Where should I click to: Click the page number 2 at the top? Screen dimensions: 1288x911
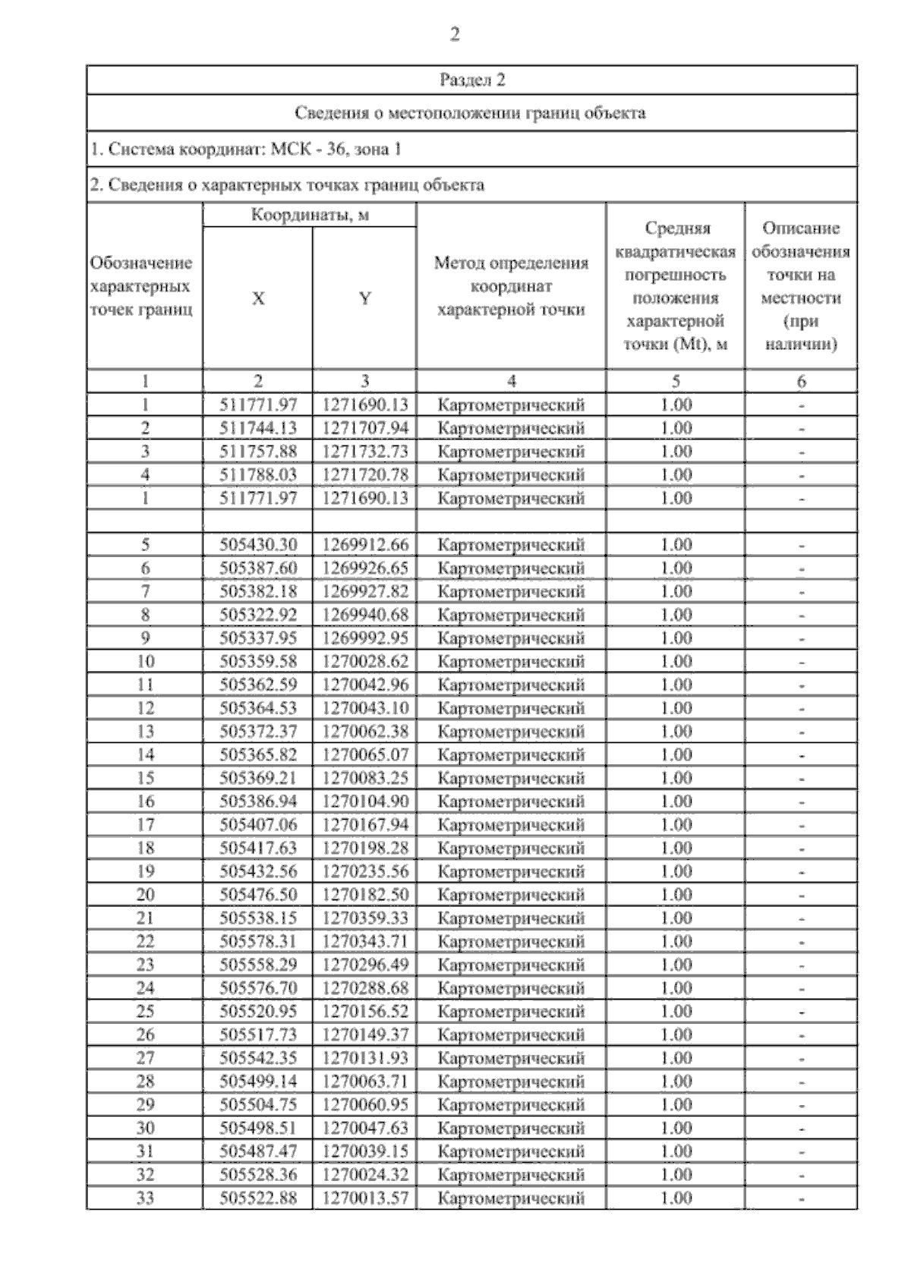[x=454, y=35]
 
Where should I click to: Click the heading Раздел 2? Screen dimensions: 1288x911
[x=471, y=80]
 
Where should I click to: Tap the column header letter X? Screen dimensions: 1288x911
[x=258, y=299]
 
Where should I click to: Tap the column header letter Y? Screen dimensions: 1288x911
[x=365, y=299]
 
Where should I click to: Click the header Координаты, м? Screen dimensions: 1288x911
[x=310, y=216]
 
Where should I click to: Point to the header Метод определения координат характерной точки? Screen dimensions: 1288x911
[x=511, y=287]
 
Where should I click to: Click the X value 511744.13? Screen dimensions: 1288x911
[x=258, y=428]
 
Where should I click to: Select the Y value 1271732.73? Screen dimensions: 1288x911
[x=365, y=452]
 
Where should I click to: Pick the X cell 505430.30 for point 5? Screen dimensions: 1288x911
[x=258, y=545]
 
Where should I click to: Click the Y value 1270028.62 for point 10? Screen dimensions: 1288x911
[x=365, y=662]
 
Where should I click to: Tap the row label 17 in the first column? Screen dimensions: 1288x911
[x=145, y=825]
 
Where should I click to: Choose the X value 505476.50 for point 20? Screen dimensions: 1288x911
[x=258, y=895]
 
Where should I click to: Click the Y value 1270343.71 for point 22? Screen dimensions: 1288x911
[x=365, y=942]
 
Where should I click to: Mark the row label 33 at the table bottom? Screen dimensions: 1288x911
[x=145, y=1198]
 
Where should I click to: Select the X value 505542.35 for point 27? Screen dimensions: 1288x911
[x=258, y=1058]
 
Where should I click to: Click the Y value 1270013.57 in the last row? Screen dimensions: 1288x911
[x=365, y=1198]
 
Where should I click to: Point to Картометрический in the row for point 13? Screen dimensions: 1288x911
[x=511, y=732]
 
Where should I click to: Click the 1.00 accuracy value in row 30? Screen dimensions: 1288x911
[x=676, y=1129]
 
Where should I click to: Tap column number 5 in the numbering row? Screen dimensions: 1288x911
[x=676, y=382]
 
